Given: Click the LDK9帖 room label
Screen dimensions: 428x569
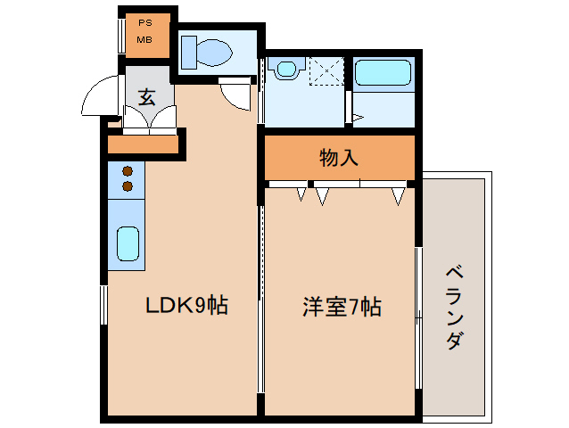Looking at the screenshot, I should point(187,306).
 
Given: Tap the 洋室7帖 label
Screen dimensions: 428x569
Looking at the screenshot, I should point(342,308).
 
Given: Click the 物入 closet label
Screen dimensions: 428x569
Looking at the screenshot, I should point(339,159).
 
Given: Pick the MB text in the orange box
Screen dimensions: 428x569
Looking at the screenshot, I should point(144,40).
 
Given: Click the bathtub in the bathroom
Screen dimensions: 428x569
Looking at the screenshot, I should point(383,74).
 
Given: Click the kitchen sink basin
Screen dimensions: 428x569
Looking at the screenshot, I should point(128,243).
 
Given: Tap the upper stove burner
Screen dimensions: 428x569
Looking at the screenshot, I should point(128,170).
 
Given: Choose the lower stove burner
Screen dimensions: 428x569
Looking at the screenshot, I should point(128,186).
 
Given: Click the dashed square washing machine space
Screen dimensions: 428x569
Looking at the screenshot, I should point(325,70).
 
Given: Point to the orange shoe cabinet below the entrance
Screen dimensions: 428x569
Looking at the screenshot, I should point(143,144).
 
